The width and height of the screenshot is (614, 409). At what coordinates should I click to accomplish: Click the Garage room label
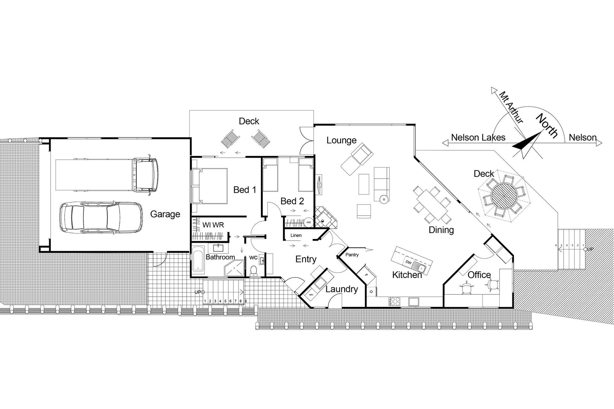[x=165, y=214]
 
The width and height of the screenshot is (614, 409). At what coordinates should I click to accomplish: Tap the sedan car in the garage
[x=101, y=217]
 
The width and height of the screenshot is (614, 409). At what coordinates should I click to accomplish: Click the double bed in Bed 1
[x=210, y=186]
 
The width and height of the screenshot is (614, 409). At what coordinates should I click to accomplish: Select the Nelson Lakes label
[x=478, y=138]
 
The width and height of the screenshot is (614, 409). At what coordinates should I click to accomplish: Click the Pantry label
[x=352, y=255]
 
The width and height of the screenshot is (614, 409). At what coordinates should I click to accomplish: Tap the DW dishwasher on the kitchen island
[x=408, y=262]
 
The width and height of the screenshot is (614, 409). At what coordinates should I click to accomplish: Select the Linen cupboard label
[x=296, y=235]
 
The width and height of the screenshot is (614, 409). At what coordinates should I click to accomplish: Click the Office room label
[x=479, y=275]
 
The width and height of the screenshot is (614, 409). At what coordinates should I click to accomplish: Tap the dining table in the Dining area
[x=432, y=204]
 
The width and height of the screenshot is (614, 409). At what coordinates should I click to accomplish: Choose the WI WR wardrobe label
[x=213, y=225]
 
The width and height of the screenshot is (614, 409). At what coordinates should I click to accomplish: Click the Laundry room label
[x=342, y=289]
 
